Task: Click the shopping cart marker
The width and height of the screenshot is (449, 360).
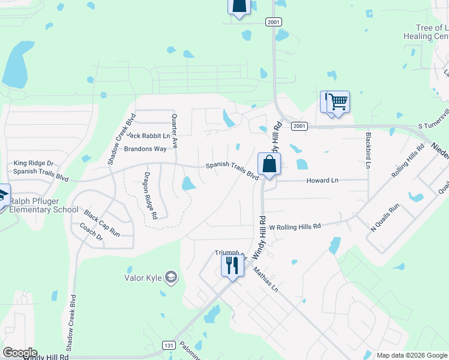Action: point(339,102)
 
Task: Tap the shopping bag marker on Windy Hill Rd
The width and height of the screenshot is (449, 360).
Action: point(269,164)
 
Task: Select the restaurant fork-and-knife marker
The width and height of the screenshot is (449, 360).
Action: point(232,265)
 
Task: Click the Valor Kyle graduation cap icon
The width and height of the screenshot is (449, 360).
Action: point(171,277)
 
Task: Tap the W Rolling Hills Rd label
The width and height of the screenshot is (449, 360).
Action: point(295,227)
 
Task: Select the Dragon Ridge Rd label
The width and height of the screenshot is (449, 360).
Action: point(149,196)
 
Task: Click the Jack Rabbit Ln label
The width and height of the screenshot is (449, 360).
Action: point(148,136)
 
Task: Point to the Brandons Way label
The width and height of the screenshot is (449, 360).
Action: point(145,149)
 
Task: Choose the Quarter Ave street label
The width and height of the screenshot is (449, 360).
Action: point(175,131)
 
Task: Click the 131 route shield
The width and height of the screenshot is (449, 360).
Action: point(170,344)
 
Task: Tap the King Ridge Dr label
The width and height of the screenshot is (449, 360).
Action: point(34,163)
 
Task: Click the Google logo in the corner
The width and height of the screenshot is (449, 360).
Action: point(20,353)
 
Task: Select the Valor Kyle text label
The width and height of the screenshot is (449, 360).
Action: point(144,277)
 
